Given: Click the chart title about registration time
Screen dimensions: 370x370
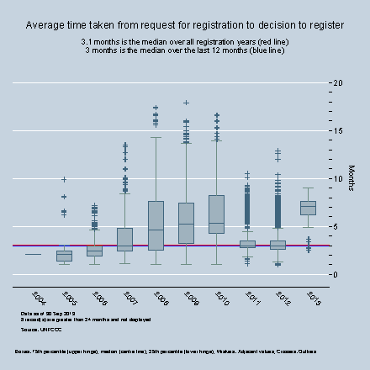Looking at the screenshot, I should pos(184,25).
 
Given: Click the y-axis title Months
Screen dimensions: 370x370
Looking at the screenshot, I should pos(351,178).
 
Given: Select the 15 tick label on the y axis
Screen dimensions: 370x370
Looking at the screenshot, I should pos(338,131).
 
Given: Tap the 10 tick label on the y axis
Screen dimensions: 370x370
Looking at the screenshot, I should pos(338,179).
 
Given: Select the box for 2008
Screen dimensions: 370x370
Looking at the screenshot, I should pos(156,225).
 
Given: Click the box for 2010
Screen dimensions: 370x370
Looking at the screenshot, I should pos(216,220).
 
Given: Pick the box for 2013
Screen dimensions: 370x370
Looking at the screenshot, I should pos(308,208).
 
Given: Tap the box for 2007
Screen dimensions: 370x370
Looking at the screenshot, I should pos(124,240).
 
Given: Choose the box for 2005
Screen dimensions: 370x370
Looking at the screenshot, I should pos(64,256).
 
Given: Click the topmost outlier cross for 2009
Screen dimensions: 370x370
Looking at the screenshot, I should pos(186,103).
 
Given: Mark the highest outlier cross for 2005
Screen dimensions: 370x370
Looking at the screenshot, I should pos(64,180).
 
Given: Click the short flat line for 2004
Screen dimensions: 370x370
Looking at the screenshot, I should pos(34,254).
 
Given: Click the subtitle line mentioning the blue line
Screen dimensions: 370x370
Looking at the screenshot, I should pos(184,50).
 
